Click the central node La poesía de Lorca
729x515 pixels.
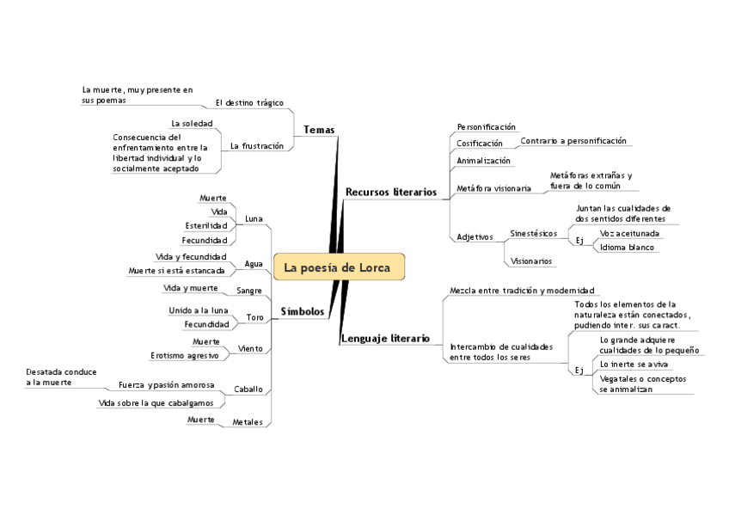pyautogui.click(x=337, y=267)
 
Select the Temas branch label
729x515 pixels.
pyautogui.click(x=318, y=130)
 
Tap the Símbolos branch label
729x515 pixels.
pyautogui.click(x=303, y=311)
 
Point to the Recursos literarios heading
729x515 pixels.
pyautogui.click(x=390, y=192)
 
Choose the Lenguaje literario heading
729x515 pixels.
pyautogui.click(x=385, y=339)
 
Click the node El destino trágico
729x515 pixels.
pyautogui.click(x=249, y=102)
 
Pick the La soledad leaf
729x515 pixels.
pyautogui.click(x=192, y=124)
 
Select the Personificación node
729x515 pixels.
pyautogui.click(x=486, y=126)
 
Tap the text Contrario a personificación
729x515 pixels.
pyautogui.click(x=573, y=140)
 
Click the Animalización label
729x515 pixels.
pyautogui.click(x=483, y=161)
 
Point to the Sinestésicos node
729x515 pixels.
pyautogui.click(x=533, y=233)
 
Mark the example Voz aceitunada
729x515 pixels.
pyautogui.click(x=630, y=233)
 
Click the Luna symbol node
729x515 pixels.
pyautogui.click(x=254, y=218)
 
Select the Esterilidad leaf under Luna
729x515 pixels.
pyautogui.click(x=206, y=226)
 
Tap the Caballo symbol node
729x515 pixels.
pyautogui.click(x=248, y=389)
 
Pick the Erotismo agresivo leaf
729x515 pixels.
pyautogui.click(x=184, y=355)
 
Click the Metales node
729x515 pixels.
pyautogui.click(x=248, y=422)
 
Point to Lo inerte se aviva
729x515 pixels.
pyautogui.click(x=628, y=364)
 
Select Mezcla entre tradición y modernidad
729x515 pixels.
pyautogui.click(x=522, y=291)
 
